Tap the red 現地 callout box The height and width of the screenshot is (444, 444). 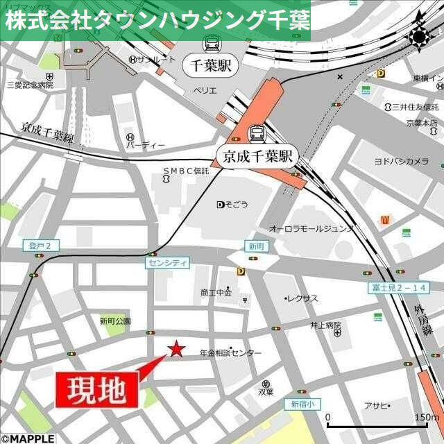[x=96, y=390]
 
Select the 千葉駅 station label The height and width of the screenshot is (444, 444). [x=211, y=67]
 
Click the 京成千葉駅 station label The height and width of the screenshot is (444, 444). [x=256, y=157]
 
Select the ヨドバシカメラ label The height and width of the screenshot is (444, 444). [x=401, y=161]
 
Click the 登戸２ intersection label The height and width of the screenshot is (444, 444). [x=41, y=245]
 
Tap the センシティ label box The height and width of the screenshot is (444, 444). [x=166, y=263]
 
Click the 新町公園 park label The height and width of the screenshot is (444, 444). [x=114, y=321]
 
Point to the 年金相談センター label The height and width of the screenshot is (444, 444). [x=230, y=353]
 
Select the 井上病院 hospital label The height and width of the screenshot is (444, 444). [x=326, y=324]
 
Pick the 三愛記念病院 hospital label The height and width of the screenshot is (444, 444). [x=29, y=85]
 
